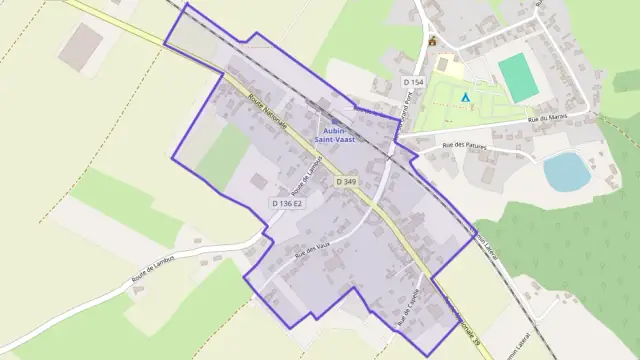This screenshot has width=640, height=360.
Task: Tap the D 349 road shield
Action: (346, 181)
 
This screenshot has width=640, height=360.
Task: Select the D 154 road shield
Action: (414, 80)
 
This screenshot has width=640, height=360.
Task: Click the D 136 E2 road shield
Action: (286, 203)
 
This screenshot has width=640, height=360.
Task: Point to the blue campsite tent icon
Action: (466, 97)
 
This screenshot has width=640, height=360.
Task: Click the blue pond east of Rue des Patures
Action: (567, 171)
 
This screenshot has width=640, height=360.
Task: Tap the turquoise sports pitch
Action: (517, 77)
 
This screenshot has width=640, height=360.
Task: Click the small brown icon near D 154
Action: (432, 42)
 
